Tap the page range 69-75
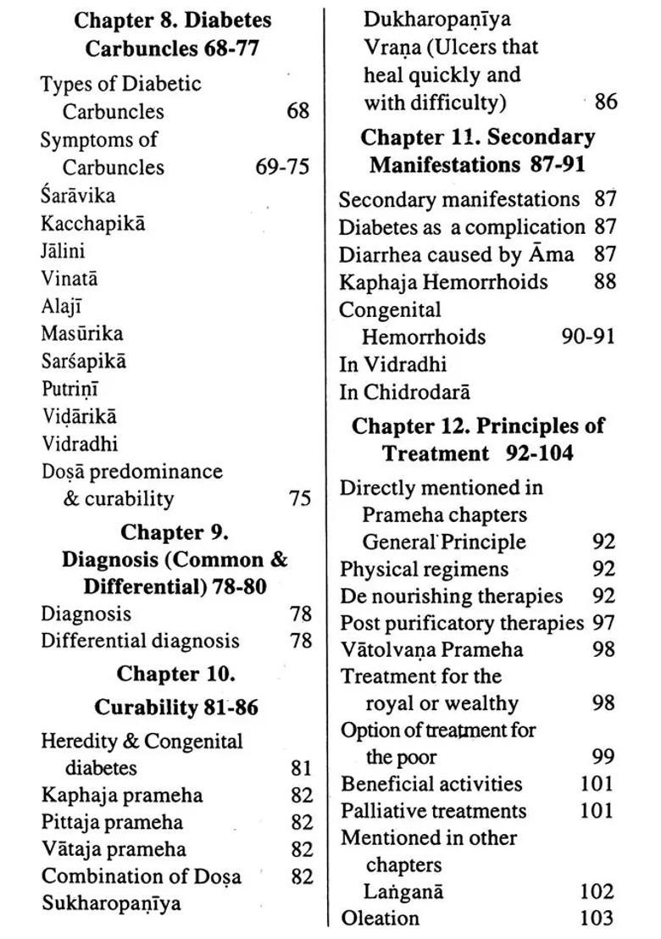point(282,166)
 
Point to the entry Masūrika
point(81,333)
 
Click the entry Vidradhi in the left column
point(80,443)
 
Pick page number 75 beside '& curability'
point(300,498)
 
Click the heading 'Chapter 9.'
point(175,532)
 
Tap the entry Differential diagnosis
point(140,641)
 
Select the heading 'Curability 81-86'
point(176,707)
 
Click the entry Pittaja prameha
point(112,822)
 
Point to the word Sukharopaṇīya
point(111,903)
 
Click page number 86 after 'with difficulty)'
point(606,103)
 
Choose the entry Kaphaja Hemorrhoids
point(443,281)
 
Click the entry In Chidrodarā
point(404,392)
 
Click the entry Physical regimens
point(425,569)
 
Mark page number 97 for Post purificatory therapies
point(603,623)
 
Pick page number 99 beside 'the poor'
point(603,757)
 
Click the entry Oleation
point(380,918)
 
